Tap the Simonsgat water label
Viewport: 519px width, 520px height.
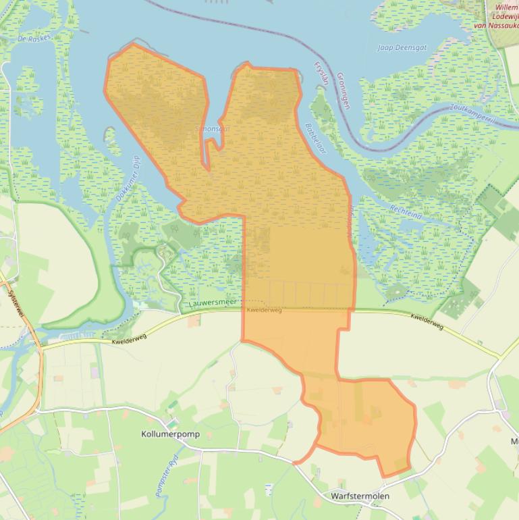pos(211,128)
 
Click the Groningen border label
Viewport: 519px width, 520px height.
pos(343,90)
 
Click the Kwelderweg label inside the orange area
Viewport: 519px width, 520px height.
pos(264,310)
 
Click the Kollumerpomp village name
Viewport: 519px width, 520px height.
pos(171,434)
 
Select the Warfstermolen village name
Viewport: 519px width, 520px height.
pos(360,496)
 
